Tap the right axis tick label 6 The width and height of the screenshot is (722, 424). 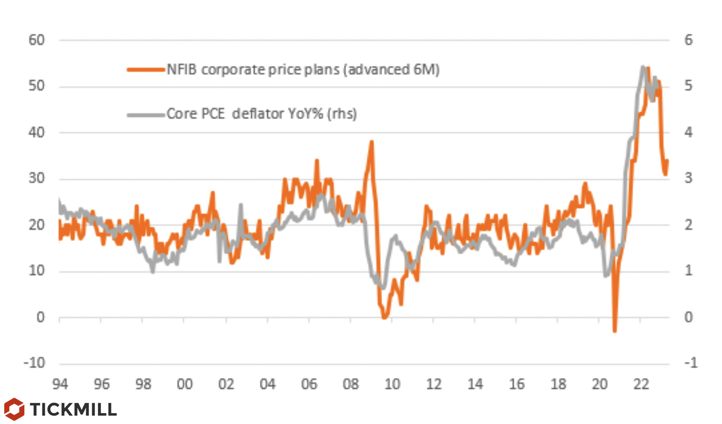coord(688,40)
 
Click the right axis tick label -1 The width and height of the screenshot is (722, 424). coord(690,363)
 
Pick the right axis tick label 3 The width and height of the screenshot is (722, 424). coord(688,179)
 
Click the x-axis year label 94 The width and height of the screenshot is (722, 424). coord(60,384)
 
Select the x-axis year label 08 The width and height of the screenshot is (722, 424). coord(350,384)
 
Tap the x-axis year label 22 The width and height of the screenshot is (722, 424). coord(641,384)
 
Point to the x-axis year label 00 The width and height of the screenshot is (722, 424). coord(184,384)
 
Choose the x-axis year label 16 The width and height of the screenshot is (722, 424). coord(516,384)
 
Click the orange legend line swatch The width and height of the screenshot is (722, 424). coord(145,69)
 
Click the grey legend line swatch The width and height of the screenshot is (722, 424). coord(145,114)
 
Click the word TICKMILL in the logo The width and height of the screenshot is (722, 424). coord(73,409)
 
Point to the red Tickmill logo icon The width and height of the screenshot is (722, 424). coord(14,409)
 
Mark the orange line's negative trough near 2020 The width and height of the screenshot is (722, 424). coord(615,331)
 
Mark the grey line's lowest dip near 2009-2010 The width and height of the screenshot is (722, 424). coord(382,288)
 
